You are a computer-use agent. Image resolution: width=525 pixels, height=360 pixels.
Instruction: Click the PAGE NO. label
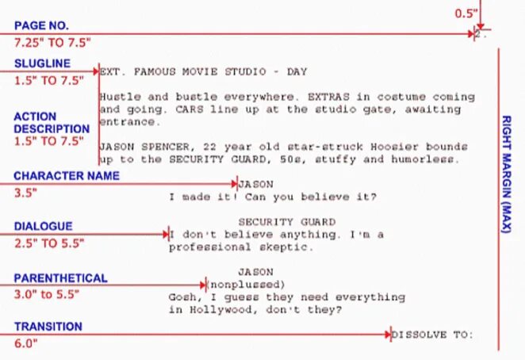pos(41,25)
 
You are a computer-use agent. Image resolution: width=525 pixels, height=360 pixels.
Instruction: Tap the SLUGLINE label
pos(41,63)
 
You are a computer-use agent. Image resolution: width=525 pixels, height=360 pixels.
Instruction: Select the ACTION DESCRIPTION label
pos(52,122)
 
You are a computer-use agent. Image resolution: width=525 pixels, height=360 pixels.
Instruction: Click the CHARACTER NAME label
pos(67,176)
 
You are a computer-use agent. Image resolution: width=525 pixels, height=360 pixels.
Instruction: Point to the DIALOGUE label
pos(43,227)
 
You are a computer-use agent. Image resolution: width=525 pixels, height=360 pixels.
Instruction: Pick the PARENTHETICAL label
pos(60,278)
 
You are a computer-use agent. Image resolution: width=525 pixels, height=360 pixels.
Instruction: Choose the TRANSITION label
pos(48,326)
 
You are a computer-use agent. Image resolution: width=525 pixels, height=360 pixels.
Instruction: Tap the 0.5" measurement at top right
pos(466,13)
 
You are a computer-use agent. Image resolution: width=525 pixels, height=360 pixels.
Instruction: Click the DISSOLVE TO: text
pos(432,335)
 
